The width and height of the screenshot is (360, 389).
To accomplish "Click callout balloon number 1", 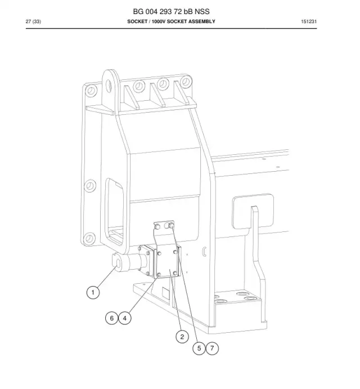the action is tap(93, 292).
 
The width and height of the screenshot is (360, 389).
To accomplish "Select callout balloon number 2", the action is tap(182, 337).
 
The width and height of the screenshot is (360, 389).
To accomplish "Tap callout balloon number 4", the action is tap(125, 318).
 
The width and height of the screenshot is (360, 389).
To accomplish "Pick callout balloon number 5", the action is tap(199, 348).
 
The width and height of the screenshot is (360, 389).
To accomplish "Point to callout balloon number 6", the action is tap(111, 318).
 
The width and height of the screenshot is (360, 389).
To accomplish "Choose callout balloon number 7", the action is tap(212, 348).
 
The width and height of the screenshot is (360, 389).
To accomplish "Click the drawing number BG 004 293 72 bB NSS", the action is tap(171, 12).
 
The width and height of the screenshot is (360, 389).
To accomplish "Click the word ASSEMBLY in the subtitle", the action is tap(201, 21).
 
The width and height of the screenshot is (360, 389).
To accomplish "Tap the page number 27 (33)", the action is tap(33, 21).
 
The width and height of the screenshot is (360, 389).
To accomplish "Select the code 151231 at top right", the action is tap(309, 21).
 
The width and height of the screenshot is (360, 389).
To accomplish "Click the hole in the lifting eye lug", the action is tap(109, 86).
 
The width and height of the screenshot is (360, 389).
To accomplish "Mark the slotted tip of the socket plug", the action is tap(118, 262).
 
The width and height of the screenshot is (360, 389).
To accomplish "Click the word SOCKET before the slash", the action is tap(137, 21).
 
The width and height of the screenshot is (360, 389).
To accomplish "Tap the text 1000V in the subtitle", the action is tap(159, 21).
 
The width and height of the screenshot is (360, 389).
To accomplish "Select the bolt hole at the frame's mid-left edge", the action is tap(90, 186).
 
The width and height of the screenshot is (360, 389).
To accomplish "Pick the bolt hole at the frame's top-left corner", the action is tap(91, 90).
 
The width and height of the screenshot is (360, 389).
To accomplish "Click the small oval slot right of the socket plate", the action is tap(204, 252).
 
